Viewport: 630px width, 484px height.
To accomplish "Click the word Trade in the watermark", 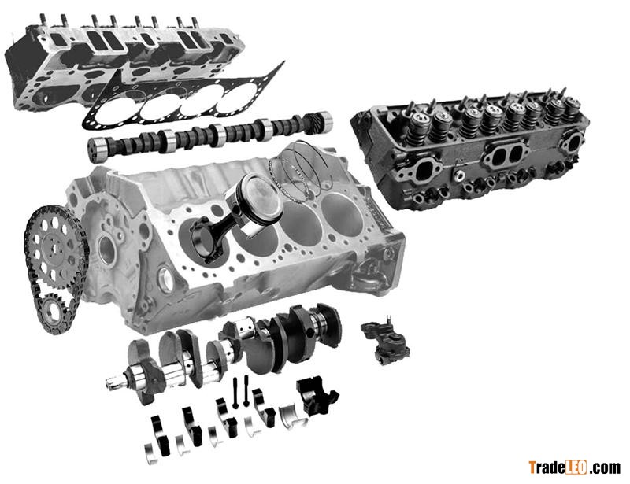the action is point(547,467).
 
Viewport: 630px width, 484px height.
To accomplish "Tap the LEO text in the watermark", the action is point(576,468).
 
